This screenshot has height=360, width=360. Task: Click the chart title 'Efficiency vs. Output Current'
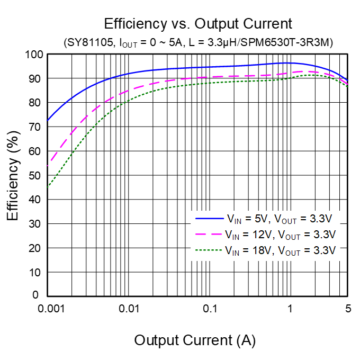pos(198,24)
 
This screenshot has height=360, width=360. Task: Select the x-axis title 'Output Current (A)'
pos(195,340)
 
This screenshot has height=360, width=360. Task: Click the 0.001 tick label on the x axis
pos(48,309)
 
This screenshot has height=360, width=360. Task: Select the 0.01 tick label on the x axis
pos(129,309)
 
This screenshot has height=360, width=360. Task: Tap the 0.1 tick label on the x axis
pos(209,309)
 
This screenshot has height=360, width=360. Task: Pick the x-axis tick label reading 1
pos(290,309)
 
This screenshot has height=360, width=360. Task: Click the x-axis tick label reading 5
pos(347,309)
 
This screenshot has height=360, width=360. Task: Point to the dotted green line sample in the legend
pos(206,250)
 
